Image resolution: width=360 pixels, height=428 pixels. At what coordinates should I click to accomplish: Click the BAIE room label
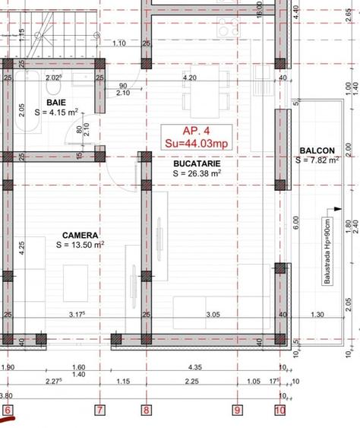(x=55, y=101)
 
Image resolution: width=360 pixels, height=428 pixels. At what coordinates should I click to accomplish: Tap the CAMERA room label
(x=79, y=235)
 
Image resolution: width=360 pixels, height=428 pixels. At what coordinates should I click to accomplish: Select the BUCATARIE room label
(x=185, y=163)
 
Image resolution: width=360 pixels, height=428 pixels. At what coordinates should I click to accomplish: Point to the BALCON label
(x=317, y=151)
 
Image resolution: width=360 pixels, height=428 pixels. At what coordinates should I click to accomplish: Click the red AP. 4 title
(x=196, y=129)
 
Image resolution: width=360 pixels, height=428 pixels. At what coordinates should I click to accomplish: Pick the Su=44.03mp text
(x=196, y=142)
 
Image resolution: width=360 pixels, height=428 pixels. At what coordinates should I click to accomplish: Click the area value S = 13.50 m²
(x=80, y=245)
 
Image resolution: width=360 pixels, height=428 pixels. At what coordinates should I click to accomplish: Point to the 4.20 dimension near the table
(x=190, y=77)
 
